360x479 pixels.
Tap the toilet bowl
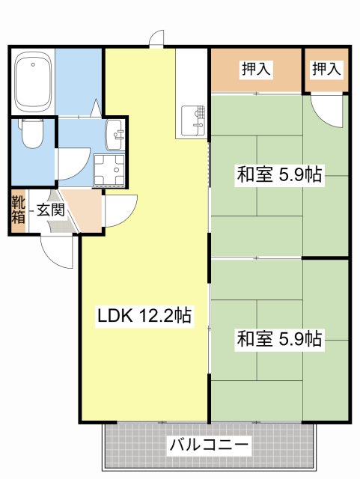pyautogui.click(x=31, y=134)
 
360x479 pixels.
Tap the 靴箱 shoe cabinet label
pyautogui.click(x=18, y=210)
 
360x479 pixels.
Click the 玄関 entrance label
pyautogui.click(x=50, y=209)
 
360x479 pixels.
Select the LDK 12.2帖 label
pyautogui.click(x=144, y=316)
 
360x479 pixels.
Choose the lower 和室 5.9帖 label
pyautogui.click(x=279, y=339)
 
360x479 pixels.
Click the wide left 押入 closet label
pyautogui.click(x=256, y=69)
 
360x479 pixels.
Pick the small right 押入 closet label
pyautogui.click(x=326, y=69)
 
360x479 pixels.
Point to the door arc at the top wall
pyautogui.click(x=156, y=39)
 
